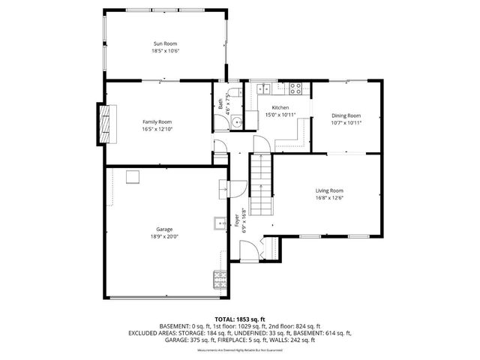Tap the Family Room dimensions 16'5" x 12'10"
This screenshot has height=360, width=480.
click(157, 128)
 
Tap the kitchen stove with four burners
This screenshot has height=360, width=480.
click(295, 88)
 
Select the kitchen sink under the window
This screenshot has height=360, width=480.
click(265, 88)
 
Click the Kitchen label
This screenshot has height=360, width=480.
click(280, 108)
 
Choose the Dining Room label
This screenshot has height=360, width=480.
click(346, 115)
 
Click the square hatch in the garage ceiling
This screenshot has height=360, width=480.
click(133, 176)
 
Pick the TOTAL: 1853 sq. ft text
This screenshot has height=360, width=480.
click(240, 319)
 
